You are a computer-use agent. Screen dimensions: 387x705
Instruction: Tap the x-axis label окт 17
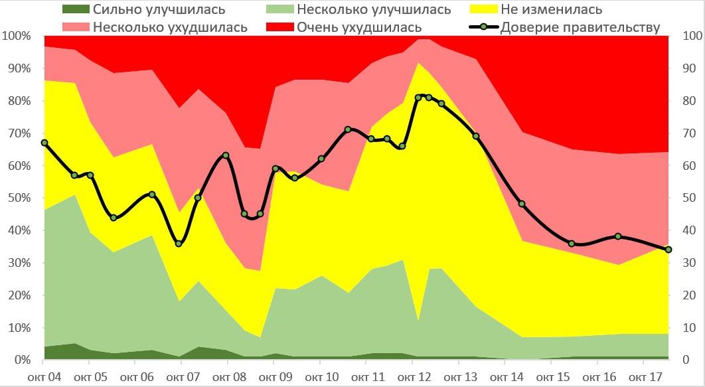tap(644, 377)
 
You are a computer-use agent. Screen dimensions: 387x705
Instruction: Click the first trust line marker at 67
tap(44, 143)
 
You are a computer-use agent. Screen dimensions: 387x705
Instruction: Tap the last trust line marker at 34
tap(668, 250)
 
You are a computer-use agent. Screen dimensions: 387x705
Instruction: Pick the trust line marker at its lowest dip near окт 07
tap(179, 244)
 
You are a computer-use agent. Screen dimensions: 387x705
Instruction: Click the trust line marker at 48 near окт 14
tap(522, 204)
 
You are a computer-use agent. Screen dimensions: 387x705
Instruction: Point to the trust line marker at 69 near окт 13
tap(476, 136)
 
